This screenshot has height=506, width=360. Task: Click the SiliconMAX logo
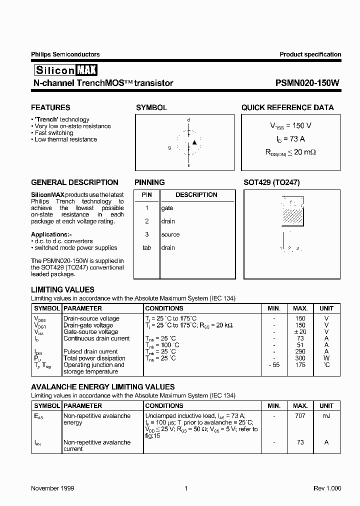point(64,70)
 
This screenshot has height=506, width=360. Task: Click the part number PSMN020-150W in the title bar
point(307,83)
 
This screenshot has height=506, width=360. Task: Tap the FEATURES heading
point(50,107)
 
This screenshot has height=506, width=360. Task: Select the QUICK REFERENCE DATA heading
point(287,107)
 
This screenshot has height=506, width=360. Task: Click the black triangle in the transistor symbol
point(195,142)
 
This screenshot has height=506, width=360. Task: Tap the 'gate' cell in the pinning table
point(167,208)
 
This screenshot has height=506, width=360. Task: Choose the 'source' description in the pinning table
point(170,234)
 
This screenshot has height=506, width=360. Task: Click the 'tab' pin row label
point(146,247)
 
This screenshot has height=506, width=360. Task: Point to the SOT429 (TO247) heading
point(271,182)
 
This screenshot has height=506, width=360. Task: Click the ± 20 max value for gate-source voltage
point(299,332)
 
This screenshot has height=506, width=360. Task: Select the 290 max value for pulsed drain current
point(300,351)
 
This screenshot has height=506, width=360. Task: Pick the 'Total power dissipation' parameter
point(94,358)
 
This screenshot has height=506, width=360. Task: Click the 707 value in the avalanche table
point(300,416)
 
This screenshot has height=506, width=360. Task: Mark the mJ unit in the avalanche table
point(326,416)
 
